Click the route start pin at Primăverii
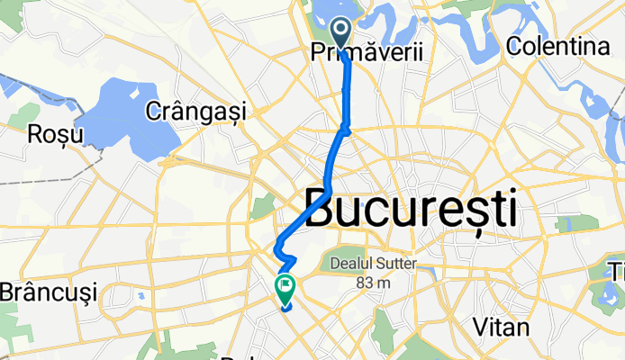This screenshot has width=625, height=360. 342,32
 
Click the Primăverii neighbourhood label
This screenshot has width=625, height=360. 367,54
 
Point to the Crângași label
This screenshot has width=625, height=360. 195,111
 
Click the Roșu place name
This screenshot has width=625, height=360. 56,134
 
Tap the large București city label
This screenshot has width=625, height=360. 412,209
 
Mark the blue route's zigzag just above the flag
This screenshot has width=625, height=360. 287,260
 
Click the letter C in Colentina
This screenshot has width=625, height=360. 516,45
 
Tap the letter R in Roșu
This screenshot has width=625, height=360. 36,134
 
